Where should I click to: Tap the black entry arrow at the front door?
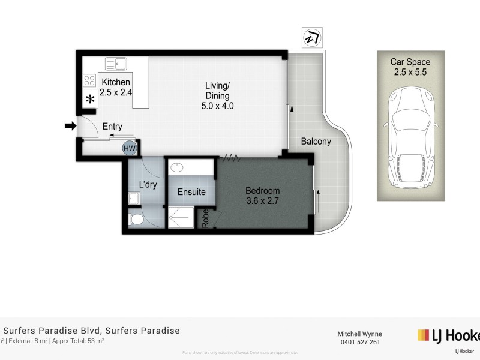[x=70, y=126]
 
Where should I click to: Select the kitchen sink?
[x=115, y=63]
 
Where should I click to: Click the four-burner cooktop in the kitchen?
[x=89, y=80]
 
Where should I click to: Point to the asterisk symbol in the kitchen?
[x=90, y=100]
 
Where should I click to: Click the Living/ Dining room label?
[x=217, y=96]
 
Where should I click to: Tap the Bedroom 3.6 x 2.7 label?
[x=263, y=196]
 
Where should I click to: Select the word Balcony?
[x=316, y=142]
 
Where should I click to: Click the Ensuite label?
[x=191, y=193]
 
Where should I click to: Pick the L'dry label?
[x=148, y=185]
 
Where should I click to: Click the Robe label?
[x=205, y=218]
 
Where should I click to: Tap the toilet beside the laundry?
[x=136, y=220]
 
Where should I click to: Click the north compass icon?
[x=312, y=38]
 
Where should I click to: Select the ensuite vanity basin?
[x=179, y=167]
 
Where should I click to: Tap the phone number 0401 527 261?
[x=359, y=342]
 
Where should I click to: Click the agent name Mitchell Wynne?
[x=359, y=334]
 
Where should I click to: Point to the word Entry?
[x=112, y=127]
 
